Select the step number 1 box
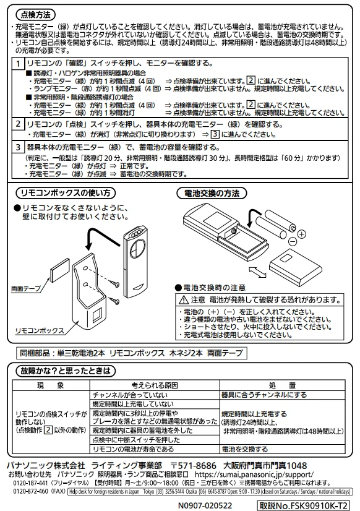[x=20, y=64]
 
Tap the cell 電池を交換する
[x=245, y=449]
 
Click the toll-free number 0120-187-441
[x=27, y=483]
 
